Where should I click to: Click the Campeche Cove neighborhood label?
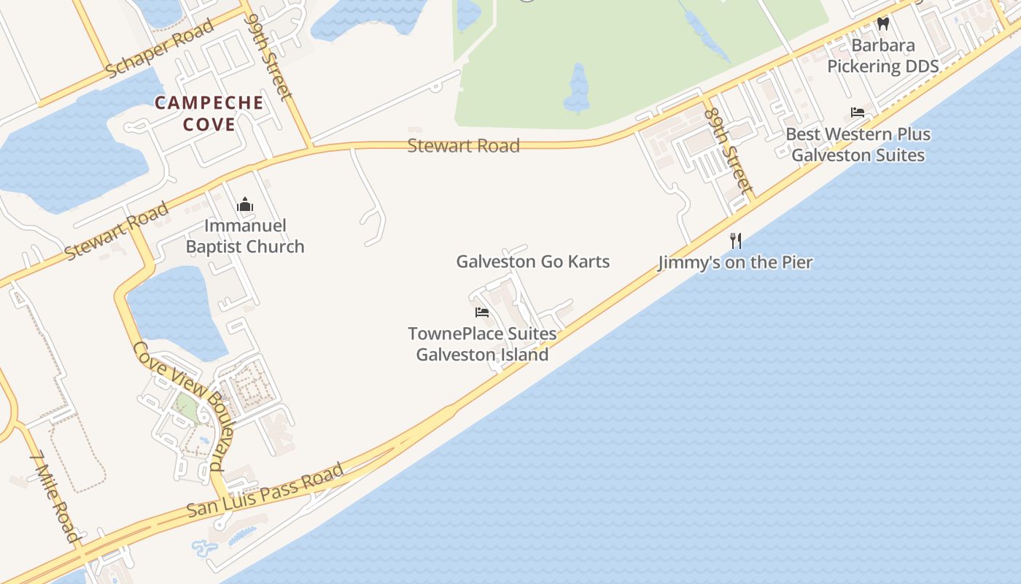pyautogui.click(x=209, y=113)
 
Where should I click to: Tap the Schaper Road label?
pyautogui.click(x=160, y=48)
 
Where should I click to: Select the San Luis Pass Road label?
pyautogui.click(x=265, y=490)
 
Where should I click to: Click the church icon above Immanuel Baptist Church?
pyautogui.click(x=244, y=204)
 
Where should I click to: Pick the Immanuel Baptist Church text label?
pyautogui.click(x=245, y=236)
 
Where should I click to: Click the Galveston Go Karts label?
pyautogui.click(x=532, y=261)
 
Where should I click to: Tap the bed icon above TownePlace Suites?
pyautogui.click(x=481, y=312)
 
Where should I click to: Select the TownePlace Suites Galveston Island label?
pyautogui.click(x=482, y=345)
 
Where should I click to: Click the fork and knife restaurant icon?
pyautogui.click(x=736, y=240)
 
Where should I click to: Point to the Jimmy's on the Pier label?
pyautogui.click(x=735, y=262)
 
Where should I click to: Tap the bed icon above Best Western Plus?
pyautogui.click(x=858, y=112)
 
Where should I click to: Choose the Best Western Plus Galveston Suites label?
pyautogui.click(x=858, y=145)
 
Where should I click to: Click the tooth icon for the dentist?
pyautogui.click(x=883, y=23)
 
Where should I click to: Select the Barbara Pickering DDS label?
pyautogui.click(x=882, y=55)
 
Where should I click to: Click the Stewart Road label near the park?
pyautogui.click(x=463, y=145)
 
